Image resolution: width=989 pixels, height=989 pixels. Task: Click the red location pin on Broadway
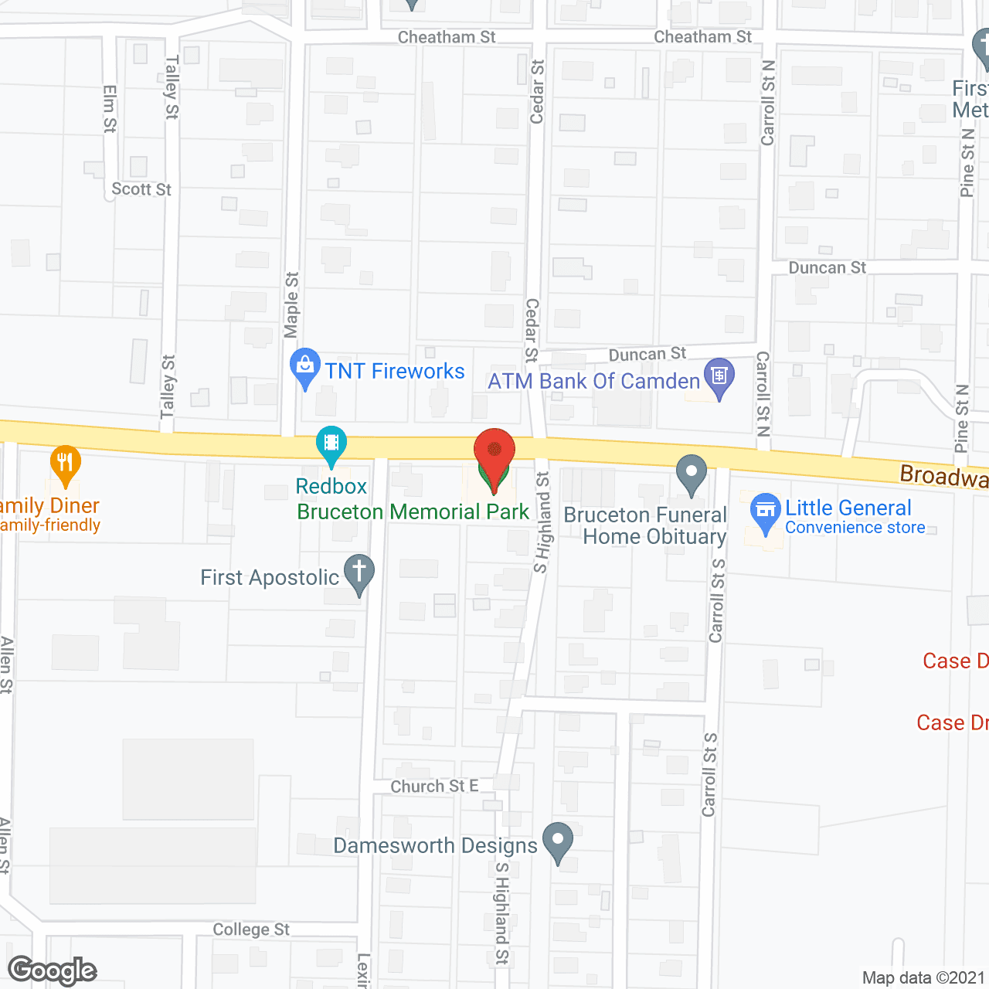click(494, 451)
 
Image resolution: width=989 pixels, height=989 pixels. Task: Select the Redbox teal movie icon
click(331, 444)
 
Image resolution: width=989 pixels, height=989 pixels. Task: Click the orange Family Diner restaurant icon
click(66, 463)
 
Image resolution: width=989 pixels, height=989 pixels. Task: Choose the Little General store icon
click(766, 511)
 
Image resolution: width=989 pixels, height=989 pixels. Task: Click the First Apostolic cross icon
click(359, 573)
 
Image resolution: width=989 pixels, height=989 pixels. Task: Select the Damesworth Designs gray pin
click(558, 841)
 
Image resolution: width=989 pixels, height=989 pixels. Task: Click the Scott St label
click(141, 189)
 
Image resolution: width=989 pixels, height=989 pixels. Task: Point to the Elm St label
click(110, 108)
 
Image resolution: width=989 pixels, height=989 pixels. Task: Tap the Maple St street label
click(291, 304)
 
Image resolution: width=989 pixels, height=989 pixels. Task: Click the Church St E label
click(434, 787)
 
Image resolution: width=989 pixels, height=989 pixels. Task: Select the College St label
click(251, 930)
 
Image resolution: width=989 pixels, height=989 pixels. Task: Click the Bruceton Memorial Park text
click(413, 511)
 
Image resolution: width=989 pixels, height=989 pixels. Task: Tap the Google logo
click(53, 970)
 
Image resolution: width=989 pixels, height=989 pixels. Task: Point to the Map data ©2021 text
click(923, 978)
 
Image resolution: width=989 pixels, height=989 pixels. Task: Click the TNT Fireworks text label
click(395, 372)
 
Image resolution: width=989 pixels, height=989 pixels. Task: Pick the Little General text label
click(848, 508)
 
